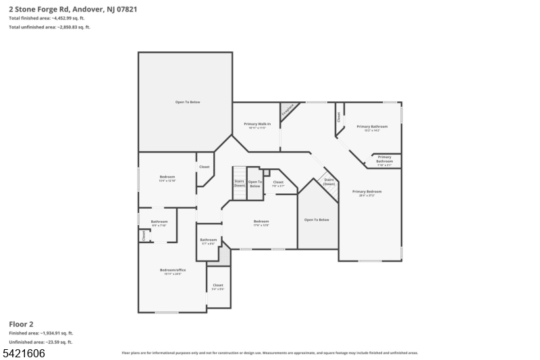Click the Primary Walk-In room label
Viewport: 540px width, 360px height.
pyautogui.click(x=256, y=125)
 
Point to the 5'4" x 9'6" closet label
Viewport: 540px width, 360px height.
pyautogui.click(x=218, y=287)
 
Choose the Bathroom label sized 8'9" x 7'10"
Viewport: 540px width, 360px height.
pyautogui.click(x=159, y=224)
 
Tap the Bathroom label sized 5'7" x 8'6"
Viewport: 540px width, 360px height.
pyautogui.click(x=208, y=241)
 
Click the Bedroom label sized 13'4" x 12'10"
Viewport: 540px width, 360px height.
pyautogui.click(x=167, y=178)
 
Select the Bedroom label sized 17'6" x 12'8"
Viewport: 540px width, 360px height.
pyautogui.click(x=261, y=223)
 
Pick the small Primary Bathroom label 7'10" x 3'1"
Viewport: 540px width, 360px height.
pyautogui.click(x=384, y=160)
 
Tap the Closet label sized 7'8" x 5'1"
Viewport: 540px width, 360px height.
pyautogui.click(x=277, y=184)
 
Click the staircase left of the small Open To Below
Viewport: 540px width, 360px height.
pyautogui.click(x=239, y=183)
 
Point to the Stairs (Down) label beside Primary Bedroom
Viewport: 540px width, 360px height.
pyautogui.click(x=329, y=182)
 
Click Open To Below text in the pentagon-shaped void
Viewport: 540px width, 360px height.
pyautogui.click(x=317, y=220)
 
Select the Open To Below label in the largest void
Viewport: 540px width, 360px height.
pyautogui.click(x=188, y=102)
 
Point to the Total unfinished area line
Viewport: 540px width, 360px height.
pyautogui.click(x=49, y=27)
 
